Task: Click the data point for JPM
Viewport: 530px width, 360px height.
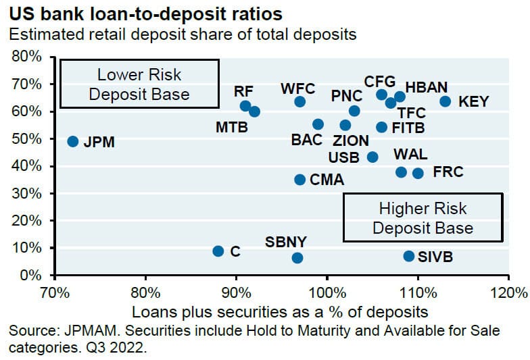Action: [73, 141]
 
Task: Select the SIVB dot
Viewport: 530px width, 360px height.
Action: [408, 256]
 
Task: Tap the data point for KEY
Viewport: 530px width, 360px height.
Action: [445, 101]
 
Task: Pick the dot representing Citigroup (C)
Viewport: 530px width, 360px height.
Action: [218, 251]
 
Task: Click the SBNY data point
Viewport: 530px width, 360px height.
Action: [297, 258]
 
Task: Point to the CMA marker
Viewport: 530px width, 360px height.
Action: [299, 179]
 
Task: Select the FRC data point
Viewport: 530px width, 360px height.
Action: [418, 173]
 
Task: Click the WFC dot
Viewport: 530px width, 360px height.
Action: [299, 101]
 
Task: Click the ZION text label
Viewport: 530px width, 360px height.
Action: [350, 141]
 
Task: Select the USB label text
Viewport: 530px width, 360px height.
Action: [343, 157]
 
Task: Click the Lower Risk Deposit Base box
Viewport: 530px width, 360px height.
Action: [139, 84]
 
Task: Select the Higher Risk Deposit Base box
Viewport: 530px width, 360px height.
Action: [423, 217]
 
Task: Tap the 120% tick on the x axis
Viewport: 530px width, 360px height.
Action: [508, 294]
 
